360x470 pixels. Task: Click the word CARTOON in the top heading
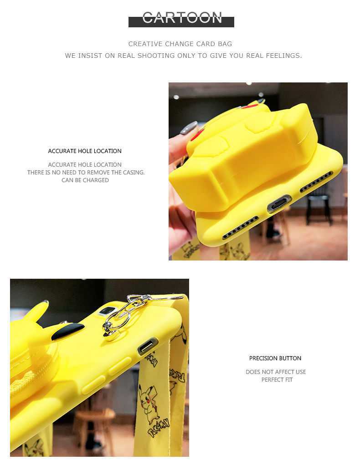pos(182,18)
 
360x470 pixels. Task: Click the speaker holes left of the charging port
pos(241,227)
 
